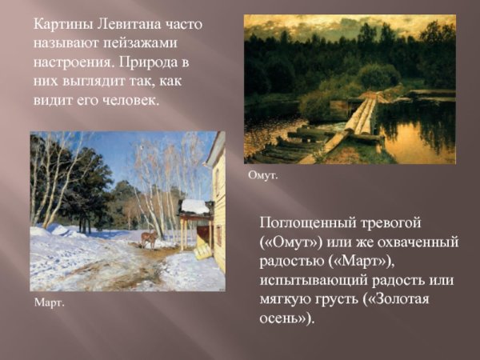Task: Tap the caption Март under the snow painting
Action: coord(50,303)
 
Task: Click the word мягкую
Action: coord(289,299)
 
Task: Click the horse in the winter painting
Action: coord(148,238)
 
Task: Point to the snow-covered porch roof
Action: coord(194,206)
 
